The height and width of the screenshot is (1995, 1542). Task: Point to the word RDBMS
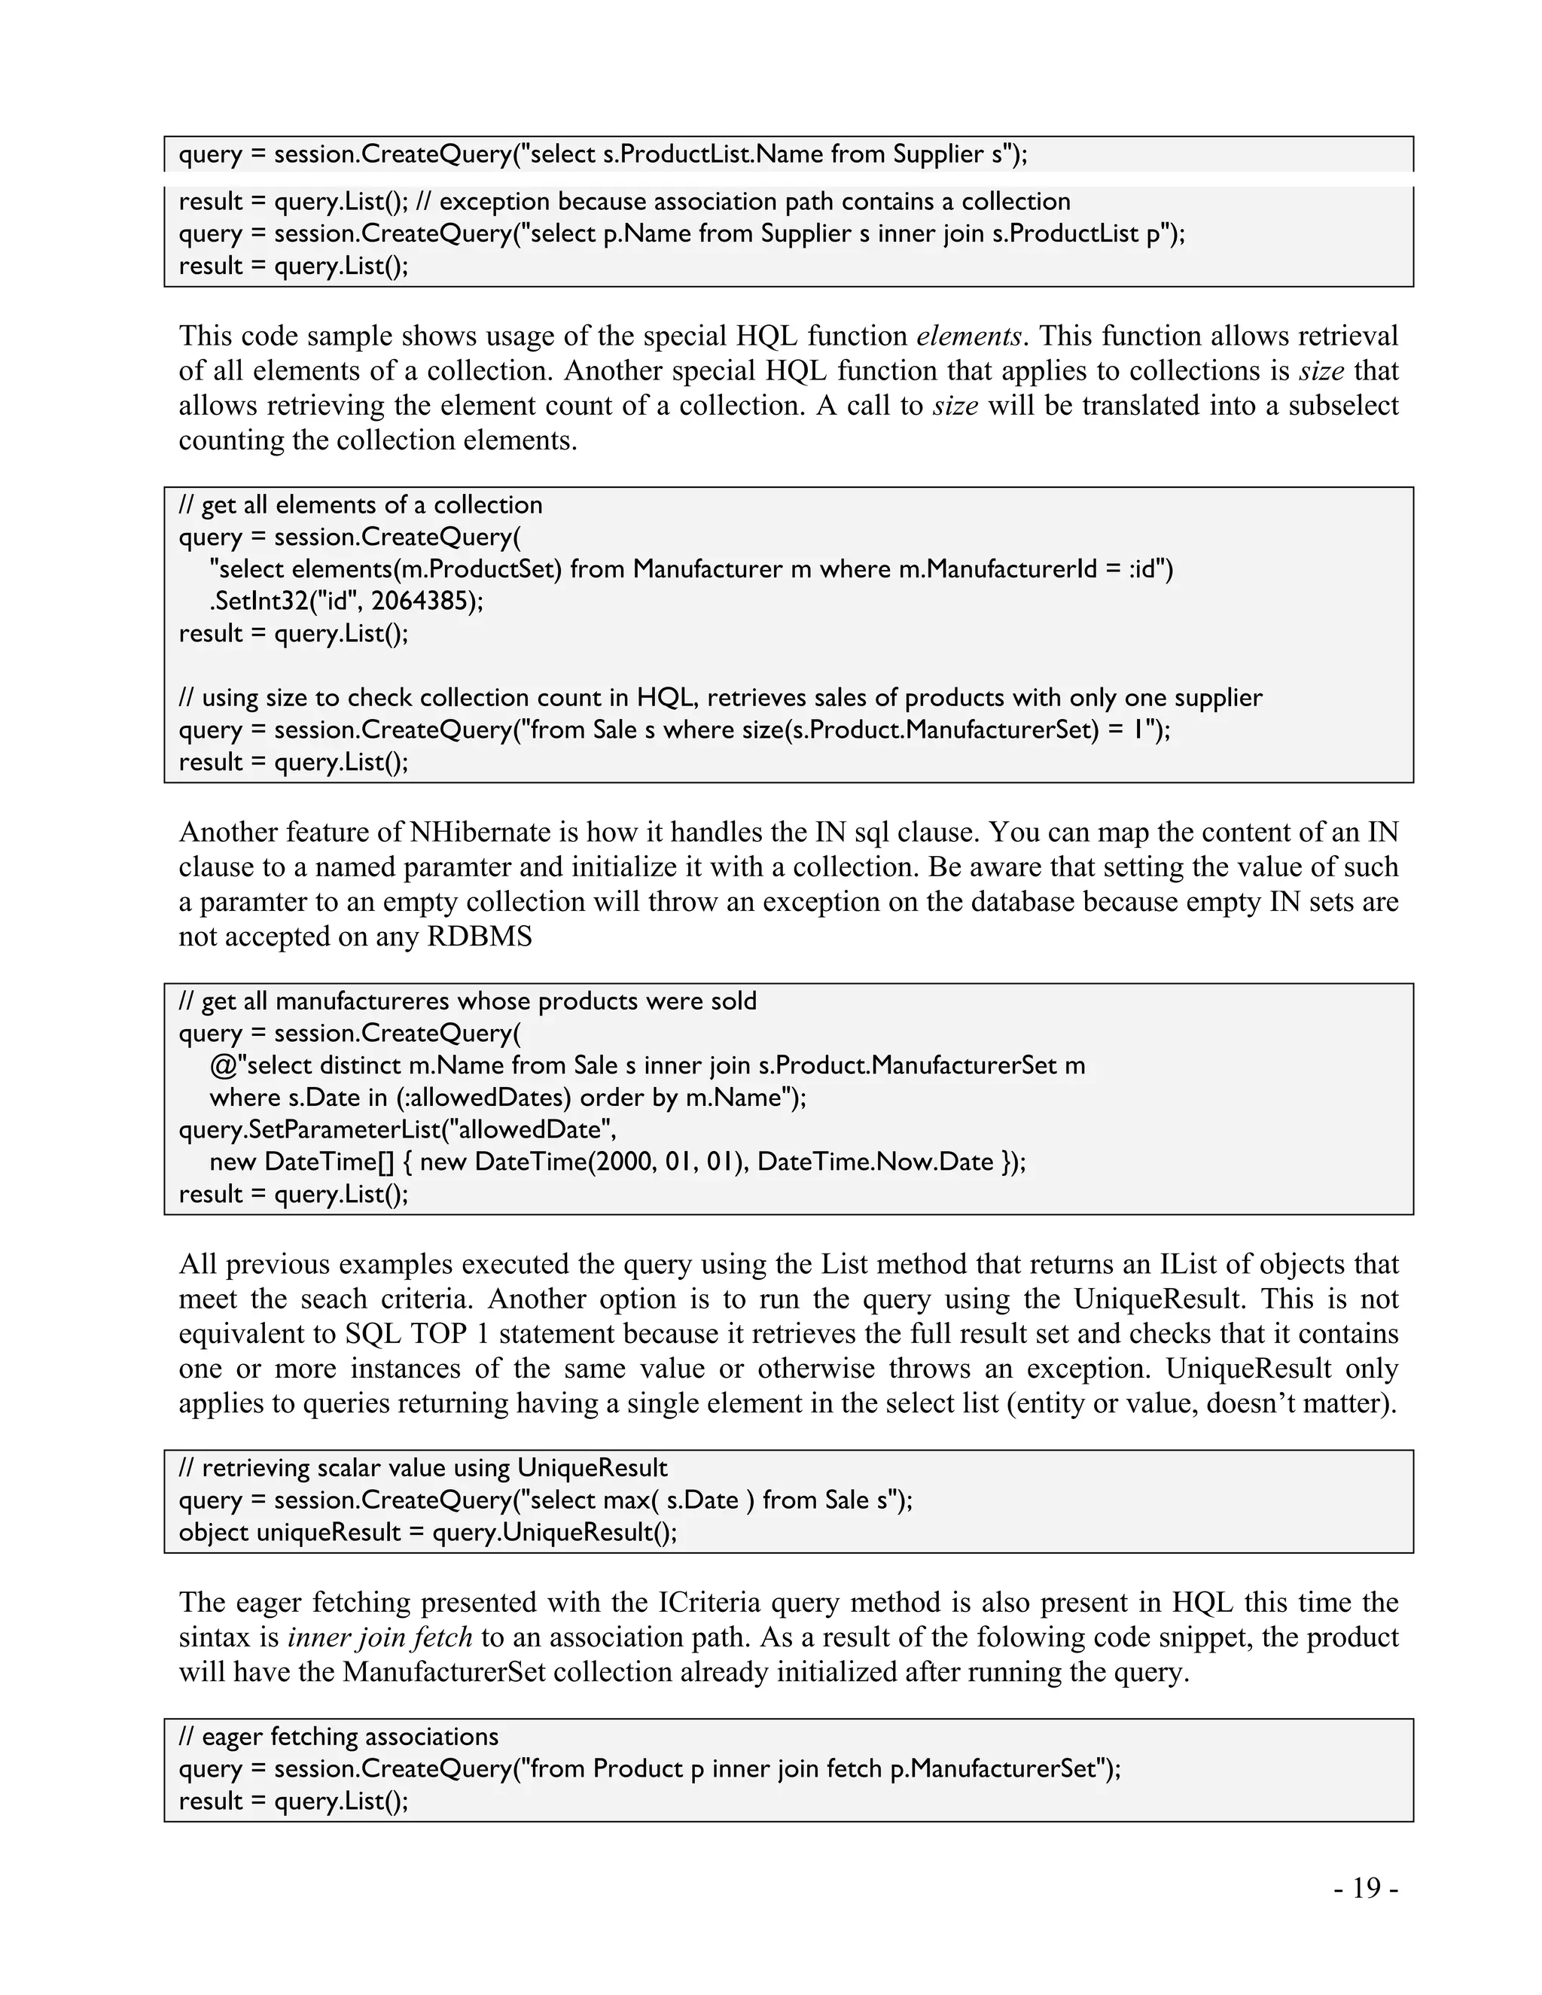pyautogui.click(x=479, y=937)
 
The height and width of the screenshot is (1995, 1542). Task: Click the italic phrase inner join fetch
pyautogui.click(x=380, y=1636)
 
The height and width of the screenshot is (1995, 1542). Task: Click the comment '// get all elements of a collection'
pyautogui.click(x=360, y=505)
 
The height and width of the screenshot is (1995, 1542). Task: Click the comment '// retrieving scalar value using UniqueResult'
pyautogui.click(x=423, y=1468)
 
